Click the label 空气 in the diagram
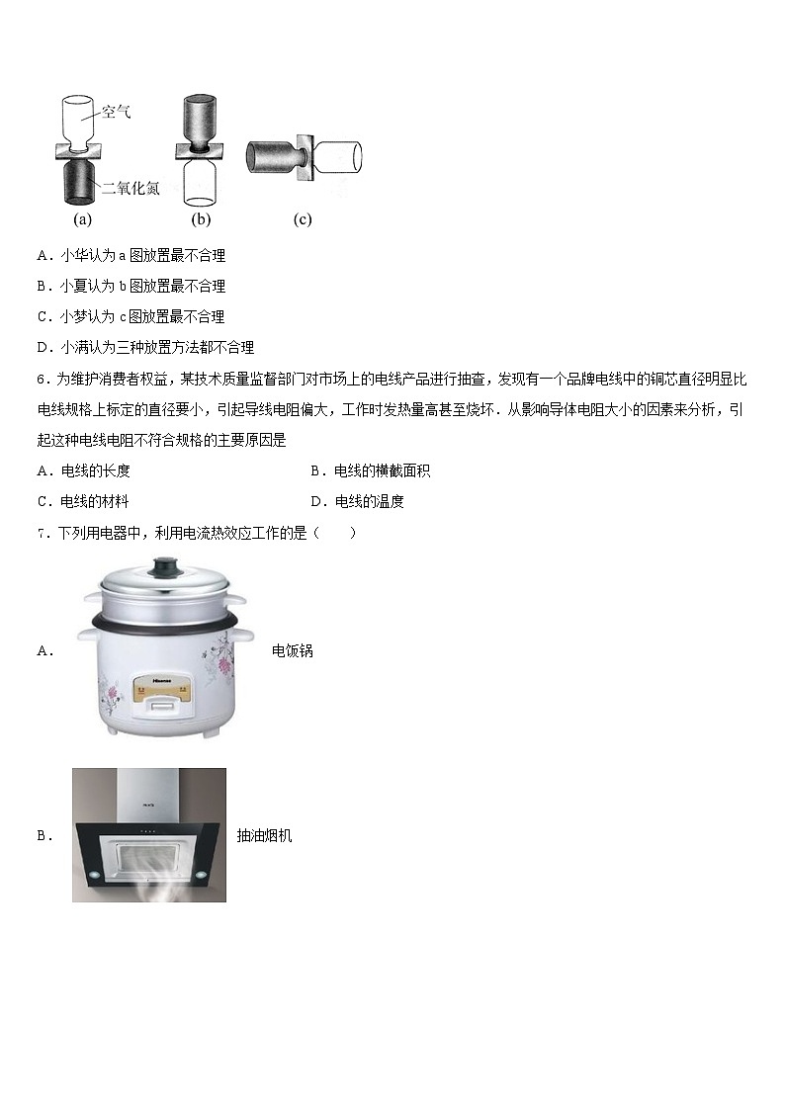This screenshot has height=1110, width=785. pyautogui.click(x=116, y=112)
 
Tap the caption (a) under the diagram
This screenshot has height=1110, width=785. pyautogui.click(x=83, y=218)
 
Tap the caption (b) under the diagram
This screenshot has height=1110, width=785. pyautogui.click(x=201, y=218)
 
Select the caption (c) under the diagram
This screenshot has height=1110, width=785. pyautogui.click(x=303, y=218)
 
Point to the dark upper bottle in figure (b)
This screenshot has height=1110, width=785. pyautogui.click(x=202, y=120)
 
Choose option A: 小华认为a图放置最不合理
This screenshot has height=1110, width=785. pyautogui.click(x=131, y=256)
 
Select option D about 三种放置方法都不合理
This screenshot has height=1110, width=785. pyautogui.click(x=145, y=347)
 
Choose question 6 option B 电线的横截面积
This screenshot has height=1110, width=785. pyautogui.click(x=370, y=470)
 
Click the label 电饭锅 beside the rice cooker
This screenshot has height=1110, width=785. pyautogui.click(x=293, y=651)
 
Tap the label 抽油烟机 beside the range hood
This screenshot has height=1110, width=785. pyautogui.click(x=264, y=836)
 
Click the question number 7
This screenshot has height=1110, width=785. pyautogui.click(x=43, y=534)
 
